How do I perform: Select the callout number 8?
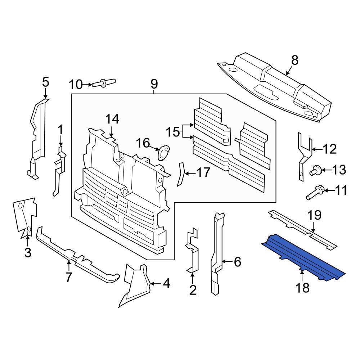[x=295, y=60]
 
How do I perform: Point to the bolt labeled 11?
[x=315, y=192]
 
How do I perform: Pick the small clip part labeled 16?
[x=164, y=152]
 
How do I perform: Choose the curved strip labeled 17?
[x=180, y=175]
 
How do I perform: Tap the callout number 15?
[x=172, y=132]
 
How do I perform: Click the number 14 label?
[x=112, y=119]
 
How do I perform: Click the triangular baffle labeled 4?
[x=135, y=284]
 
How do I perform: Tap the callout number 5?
[x=45, y=82]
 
